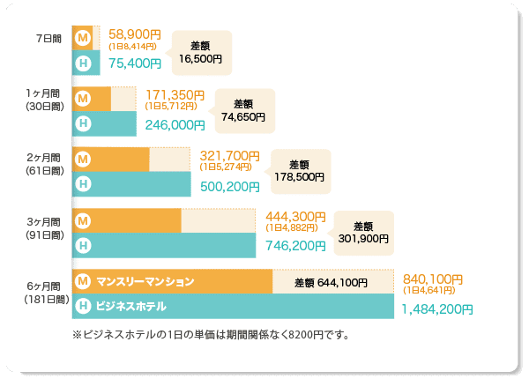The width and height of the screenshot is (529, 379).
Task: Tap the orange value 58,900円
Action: pyautogui.click(x=133, y=34)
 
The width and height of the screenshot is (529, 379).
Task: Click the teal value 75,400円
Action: pyautogui.click(x=134, y=63)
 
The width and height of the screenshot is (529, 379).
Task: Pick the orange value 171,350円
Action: pyautogui.click(x=175, y=94)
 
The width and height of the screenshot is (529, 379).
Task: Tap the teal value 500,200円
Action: pyautogui.click(x=230, y=186)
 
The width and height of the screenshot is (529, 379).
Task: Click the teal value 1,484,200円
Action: pyautogui.click(x=437, y=309)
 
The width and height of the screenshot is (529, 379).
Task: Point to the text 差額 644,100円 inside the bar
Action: pyautogui.click(x=330, y=282)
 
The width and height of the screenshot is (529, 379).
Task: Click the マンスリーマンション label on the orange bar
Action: pyautogui.click(x=145, y=282)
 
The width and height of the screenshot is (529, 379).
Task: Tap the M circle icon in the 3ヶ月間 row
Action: pyautogui.click(x=83, y=219)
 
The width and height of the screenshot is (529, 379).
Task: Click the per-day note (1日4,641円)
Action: pyautogui.click(x=428, y=290)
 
